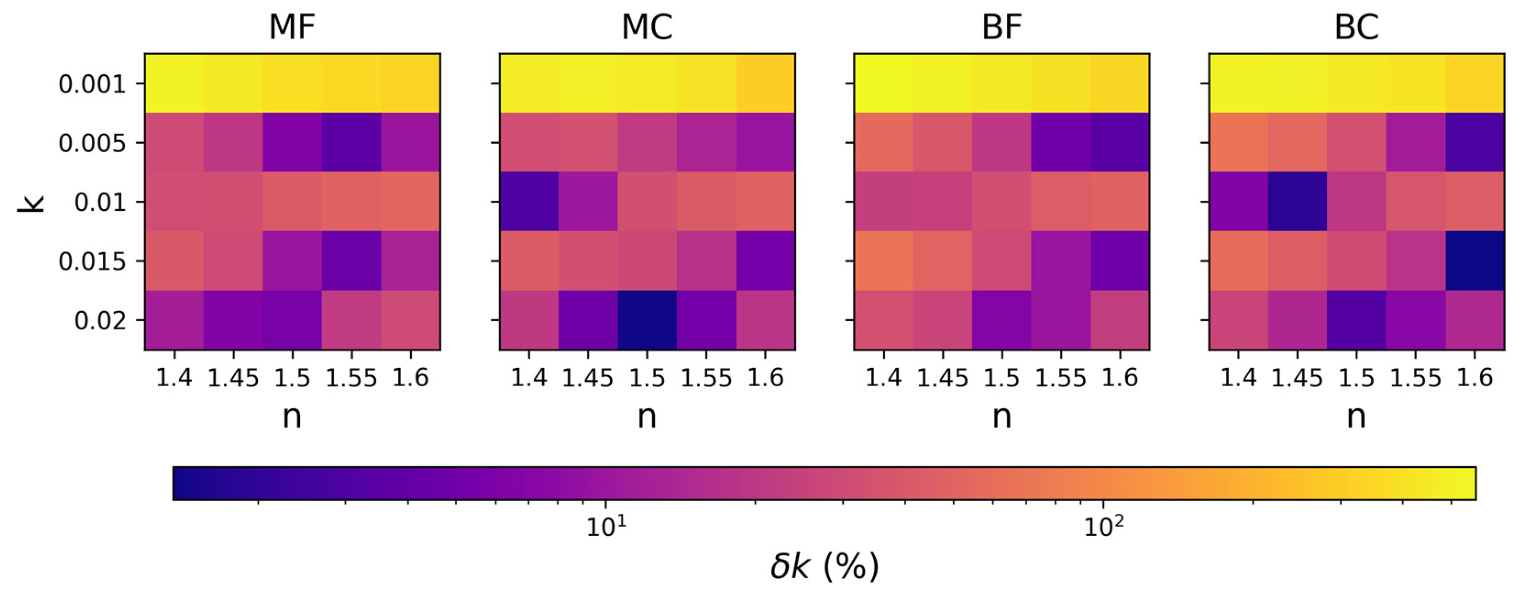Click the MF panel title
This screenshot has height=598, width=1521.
tap(292, 27)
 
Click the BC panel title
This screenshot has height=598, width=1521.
tap(1356, 27)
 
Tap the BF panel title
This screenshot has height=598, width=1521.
tap(1002, 27)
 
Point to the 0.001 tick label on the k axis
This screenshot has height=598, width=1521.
tap(92, 84)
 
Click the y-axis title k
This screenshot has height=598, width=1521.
tap(31, 202)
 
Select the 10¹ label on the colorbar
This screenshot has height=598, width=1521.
tap(606, 527)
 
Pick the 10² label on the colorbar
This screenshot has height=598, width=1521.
tap(1103, 527)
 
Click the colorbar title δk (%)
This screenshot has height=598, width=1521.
tap(824, 567)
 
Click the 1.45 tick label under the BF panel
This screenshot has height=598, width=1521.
tap(942, 378)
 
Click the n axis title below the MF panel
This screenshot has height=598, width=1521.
tap(292, 417)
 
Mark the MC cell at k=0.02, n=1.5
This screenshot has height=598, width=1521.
tap(647, 320)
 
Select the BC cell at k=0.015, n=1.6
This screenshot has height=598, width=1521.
tap(1474, 261)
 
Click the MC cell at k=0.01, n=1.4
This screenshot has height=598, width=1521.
tap(529, 201)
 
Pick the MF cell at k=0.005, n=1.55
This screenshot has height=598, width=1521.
tap(351, 142)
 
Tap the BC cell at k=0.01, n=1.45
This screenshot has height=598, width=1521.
tap(1297, 201)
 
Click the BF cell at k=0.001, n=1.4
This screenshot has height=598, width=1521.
tap(883, 83)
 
